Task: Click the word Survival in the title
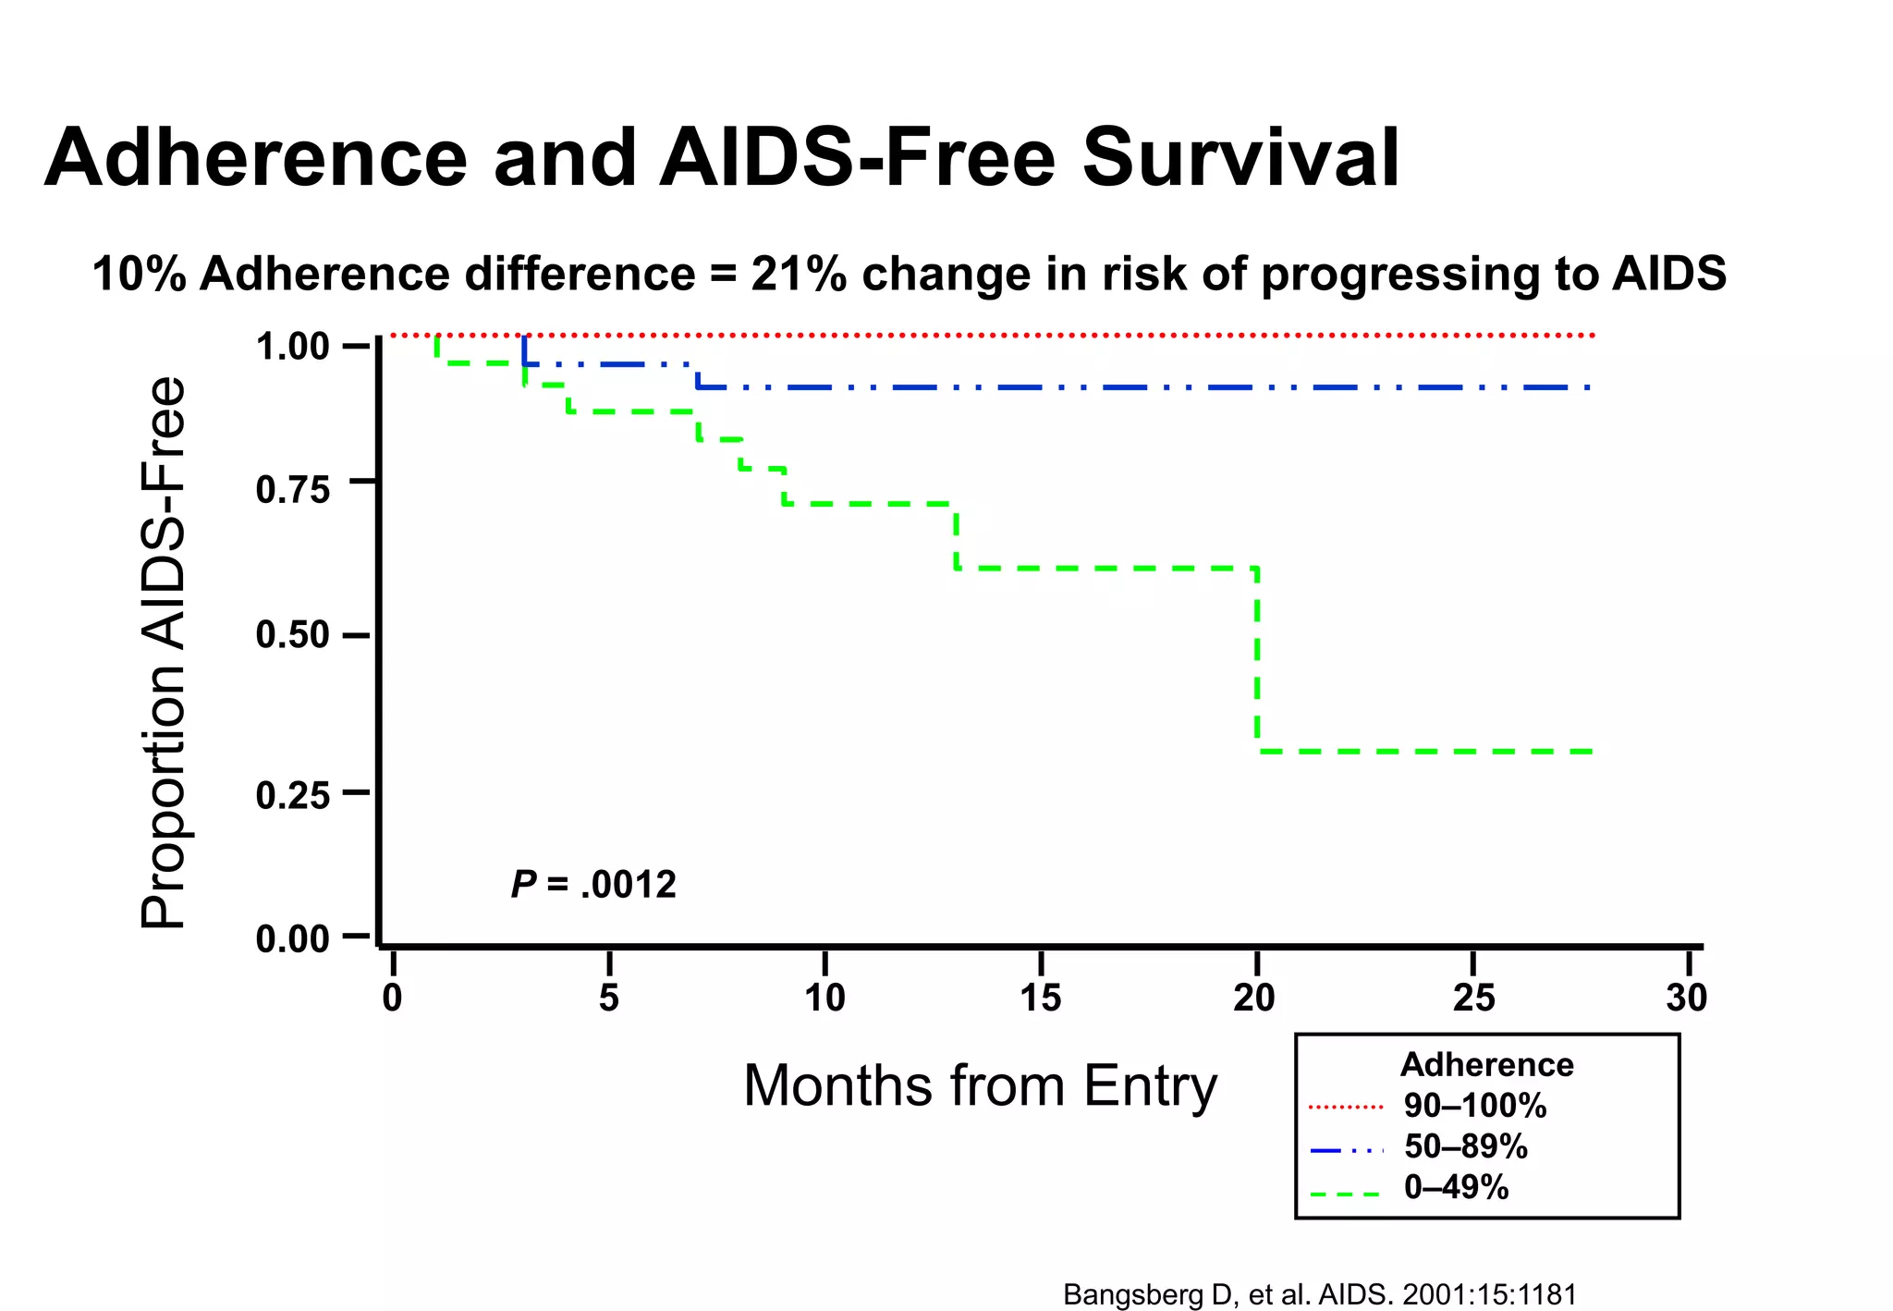pyautogui.click(x=1240, y=158)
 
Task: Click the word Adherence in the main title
pyautogui.click(x=256, y=158)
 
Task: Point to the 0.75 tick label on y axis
pyautogui.click(x=292, y=491)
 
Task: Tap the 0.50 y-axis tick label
pyautogui.click(x=292, y=636)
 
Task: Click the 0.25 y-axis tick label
pyautogui.click(x=292, y=795)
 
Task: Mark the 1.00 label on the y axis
pyautogui.click(x=292, y=348)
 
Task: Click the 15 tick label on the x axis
pyautogui.click(x=1041, y=999)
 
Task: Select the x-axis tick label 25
pyautogui.click(x=1473, y=999)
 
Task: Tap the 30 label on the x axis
pyautogui.click(x=1687, y=999)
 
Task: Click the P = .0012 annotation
pyautogui.click(x=593, y=885)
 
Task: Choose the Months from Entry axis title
pyautogui.click(x=980, y=1086)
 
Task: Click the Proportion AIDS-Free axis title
pyautogui.click(x=165, y=652)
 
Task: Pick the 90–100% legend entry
pyautogui.click(x=1474, y=1106)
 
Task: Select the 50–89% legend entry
pyautogui.click(x=1465, y=1147)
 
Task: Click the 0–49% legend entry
pyautogui.click(x=1456, y=1187)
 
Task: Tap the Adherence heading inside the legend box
pyautogui.click(x=1486, y=1065)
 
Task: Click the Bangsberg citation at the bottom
pyautogui.click(x=1319, y=1294)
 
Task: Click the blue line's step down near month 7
pyautogui.click(x=697, y=376)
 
